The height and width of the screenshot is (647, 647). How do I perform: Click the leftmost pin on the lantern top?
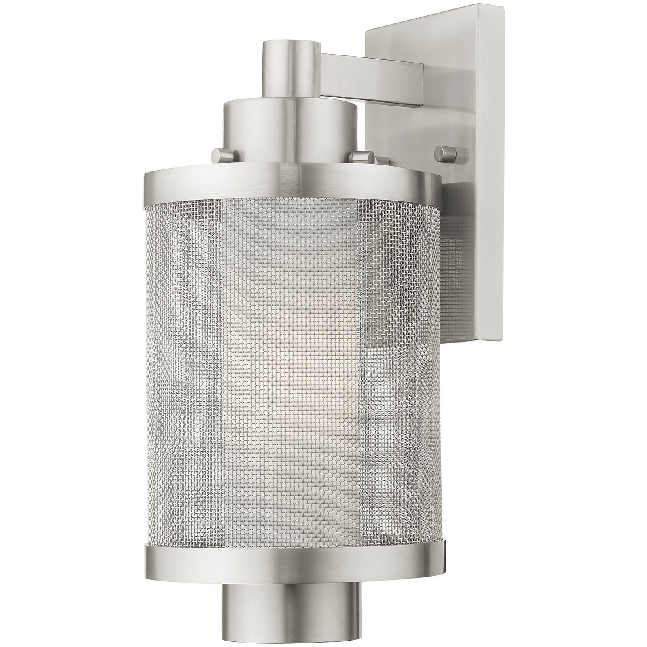pos(220,154)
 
